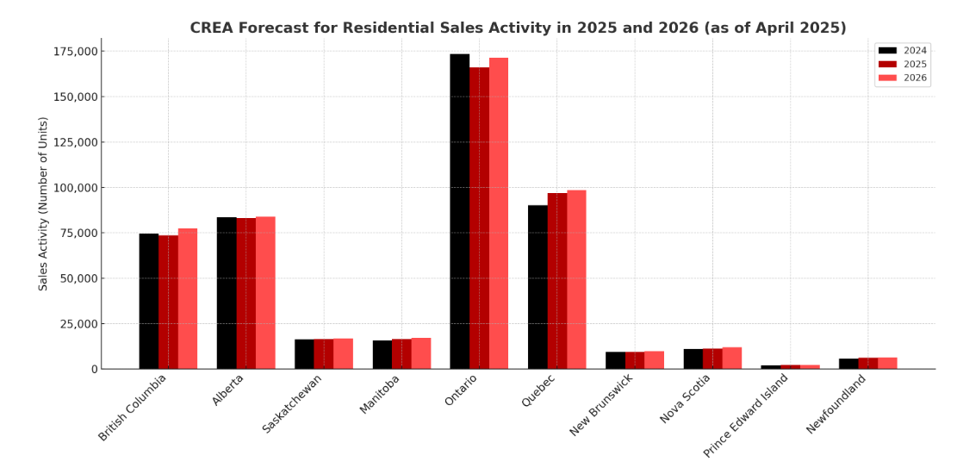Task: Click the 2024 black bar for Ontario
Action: click(x=459, y=211)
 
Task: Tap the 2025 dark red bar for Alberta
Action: click(x=245, y=293)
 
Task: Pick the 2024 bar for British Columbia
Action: click(x=148, y=301)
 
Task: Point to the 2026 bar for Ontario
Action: click(x=499, y=213)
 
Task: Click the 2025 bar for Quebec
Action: click(x=556, y=281)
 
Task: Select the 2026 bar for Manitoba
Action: click(x=421, y=353)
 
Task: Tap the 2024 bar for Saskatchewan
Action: click(x=304, y=354)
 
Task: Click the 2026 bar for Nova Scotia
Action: click(x=732, y=358)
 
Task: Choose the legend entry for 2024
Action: click(x=903, y=51)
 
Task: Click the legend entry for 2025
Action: click(x=903, y=65)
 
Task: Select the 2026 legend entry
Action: click(x=903, y=78)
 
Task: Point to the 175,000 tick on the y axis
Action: click(x=75, y=52)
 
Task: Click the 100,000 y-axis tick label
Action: click(x=75, y=188)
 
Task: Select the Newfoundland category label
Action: click(x=836, y=404)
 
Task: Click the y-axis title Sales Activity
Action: click(x=44, y=203)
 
